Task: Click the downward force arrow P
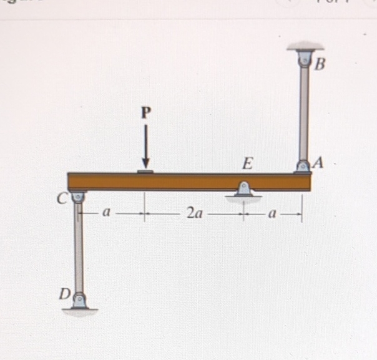146,144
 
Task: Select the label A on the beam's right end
319,163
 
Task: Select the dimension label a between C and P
107,213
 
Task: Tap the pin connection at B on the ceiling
305,61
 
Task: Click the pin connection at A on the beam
303,167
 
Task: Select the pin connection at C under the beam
78,198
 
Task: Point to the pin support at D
79,301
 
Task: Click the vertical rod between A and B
304,112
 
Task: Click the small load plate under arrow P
145,170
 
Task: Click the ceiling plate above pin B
305,47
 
